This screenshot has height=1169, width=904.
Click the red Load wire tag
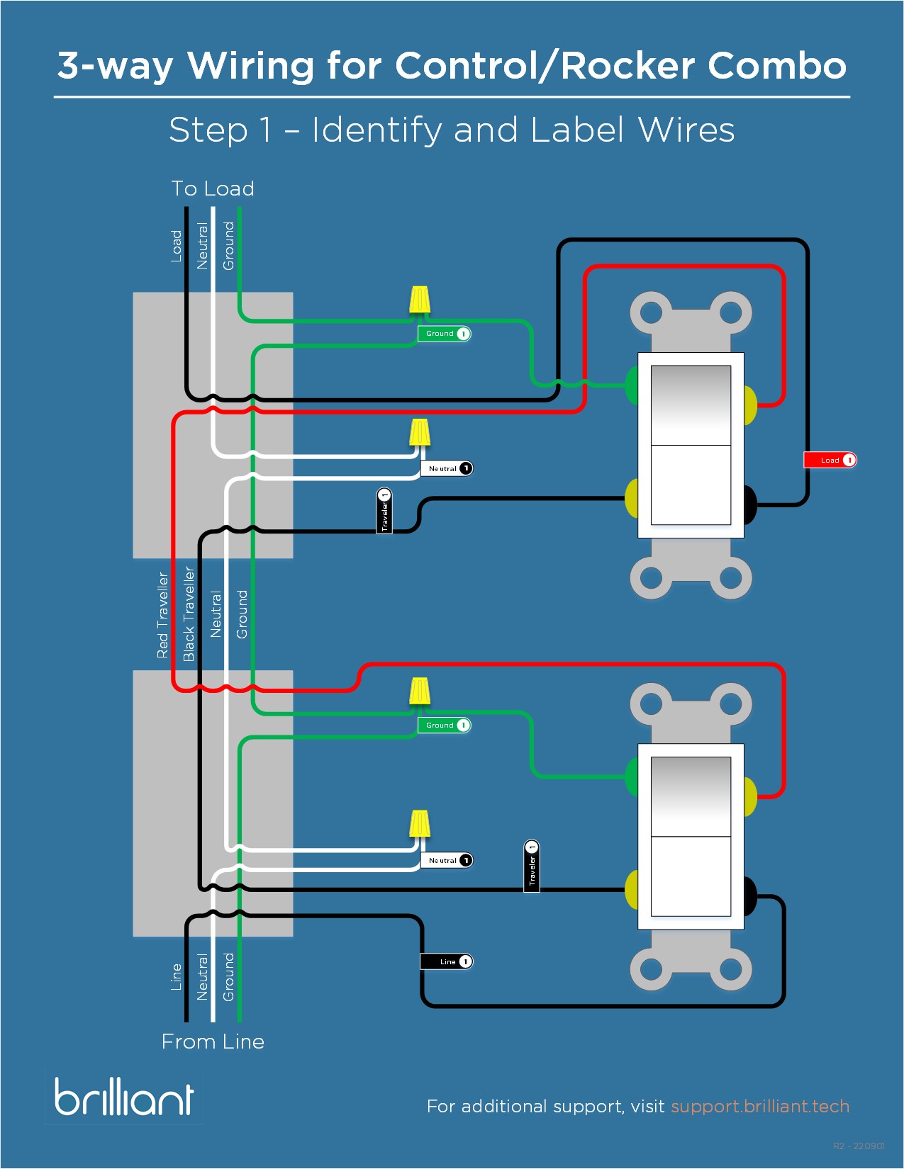tap(830, 461)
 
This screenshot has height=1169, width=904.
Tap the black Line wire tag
tap(446, 961)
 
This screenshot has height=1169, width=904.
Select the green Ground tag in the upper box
tap(444, 334)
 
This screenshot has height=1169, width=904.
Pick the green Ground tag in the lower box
tap(444, 725)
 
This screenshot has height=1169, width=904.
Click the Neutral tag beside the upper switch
tap(446, 468)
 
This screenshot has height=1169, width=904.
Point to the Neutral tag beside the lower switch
tap(446, 860)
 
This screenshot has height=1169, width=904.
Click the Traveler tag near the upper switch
tap(384, 510)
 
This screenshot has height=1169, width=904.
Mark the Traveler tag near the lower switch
tap(532, 866)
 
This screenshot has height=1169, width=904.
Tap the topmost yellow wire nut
tap(420, 300)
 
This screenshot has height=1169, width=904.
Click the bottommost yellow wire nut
tap(420, 824)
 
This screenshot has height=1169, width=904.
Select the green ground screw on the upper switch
tap(631, 385)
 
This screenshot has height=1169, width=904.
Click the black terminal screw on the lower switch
tap(749, 896)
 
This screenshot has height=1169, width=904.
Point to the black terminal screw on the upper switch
tap(749, 504)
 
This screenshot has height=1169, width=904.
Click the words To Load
tap(213, 188)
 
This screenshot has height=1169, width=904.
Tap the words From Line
tap(213, 1041)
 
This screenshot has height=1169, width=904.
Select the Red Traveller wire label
tap(163, 615)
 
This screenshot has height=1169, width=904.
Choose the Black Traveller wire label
tap(189, 614)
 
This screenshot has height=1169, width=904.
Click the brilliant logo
tap(124, 1097)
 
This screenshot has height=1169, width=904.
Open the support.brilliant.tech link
tap(759, 1106)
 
